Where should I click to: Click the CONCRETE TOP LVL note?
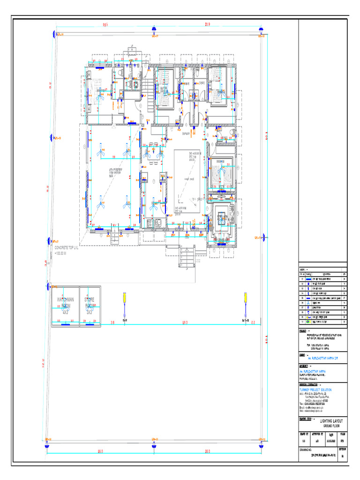pos(73,247)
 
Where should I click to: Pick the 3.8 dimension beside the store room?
pos(112,322)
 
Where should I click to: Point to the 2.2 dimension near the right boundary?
pos(253,322)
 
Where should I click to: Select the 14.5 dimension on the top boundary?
pos(106,24)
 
